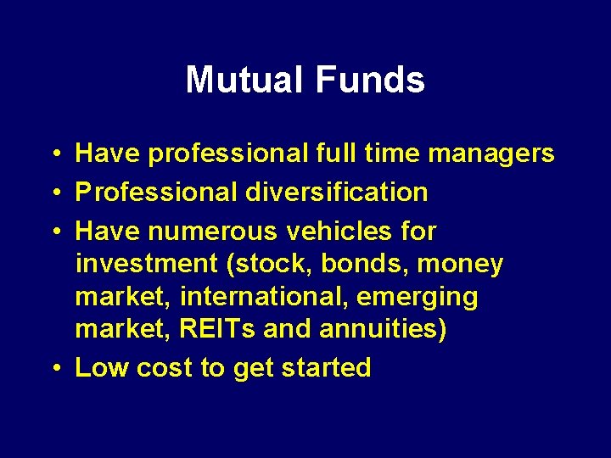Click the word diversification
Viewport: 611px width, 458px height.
point(337,193)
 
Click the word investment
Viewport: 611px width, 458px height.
point(147,265)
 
